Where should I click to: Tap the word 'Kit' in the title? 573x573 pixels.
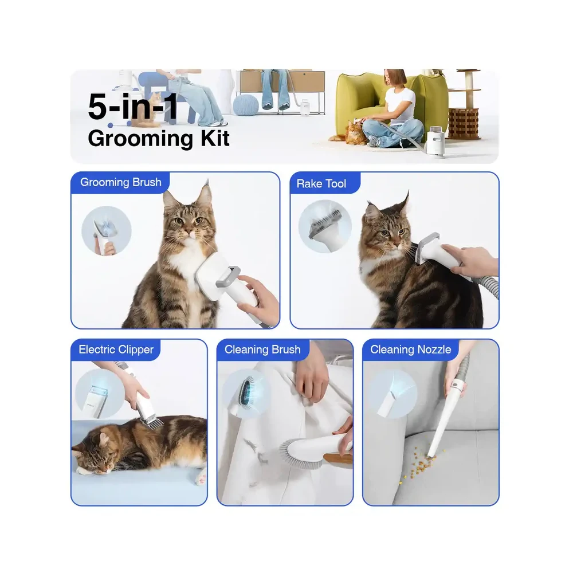215,139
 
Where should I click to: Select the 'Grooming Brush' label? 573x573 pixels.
120,182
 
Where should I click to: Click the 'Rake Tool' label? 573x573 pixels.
321,183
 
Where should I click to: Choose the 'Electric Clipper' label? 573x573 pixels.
116,350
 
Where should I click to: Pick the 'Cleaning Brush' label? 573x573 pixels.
262,350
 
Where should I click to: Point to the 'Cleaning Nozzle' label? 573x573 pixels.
410,350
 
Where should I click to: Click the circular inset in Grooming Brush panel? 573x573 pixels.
107,230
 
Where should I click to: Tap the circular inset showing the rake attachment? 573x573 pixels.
325,226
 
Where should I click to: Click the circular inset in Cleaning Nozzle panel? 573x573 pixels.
393,394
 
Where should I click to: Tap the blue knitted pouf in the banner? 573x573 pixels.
245,105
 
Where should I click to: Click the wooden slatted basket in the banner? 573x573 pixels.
464,123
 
